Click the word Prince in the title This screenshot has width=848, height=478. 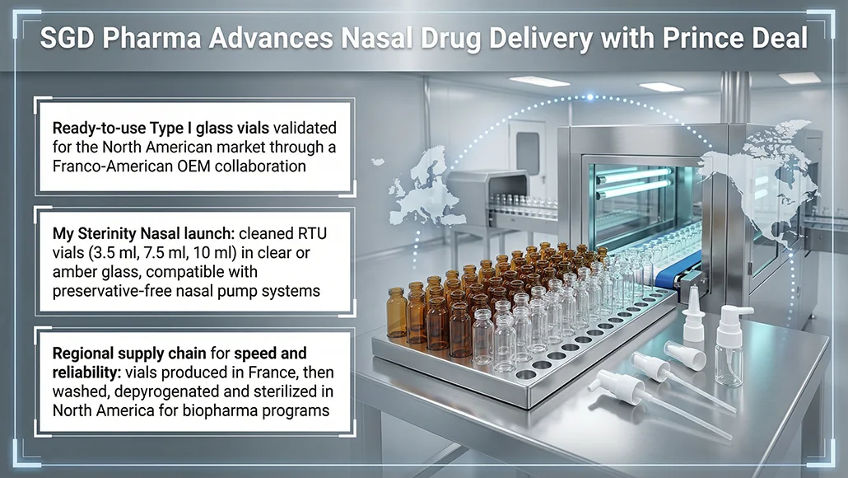pyautogui.click(x=701, y=39)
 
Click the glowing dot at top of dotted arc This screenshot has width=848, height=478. pyautogui.click(x=590, y=97)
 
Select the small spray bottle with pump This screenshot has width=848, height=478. pyautogui.click(x=730, y=346)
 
